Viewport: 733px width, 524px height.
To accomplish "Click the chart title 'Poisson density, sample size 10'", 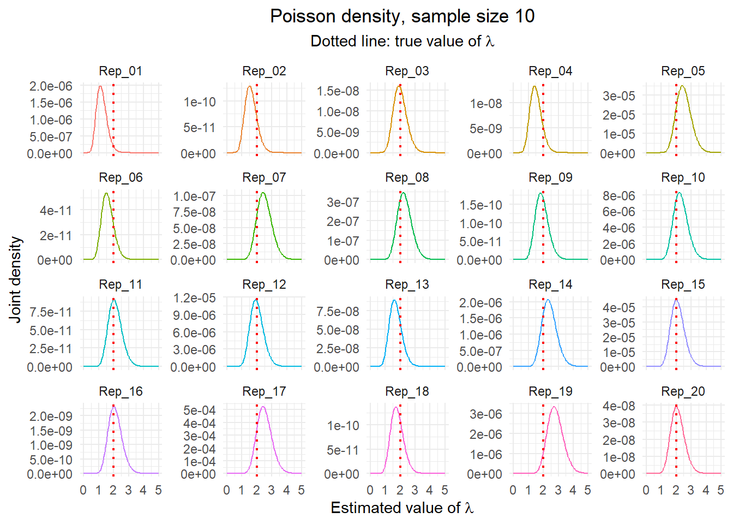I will coord(402,16).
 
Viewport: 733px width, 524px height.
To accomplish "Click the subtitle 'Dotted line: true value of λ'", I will coord(402,41).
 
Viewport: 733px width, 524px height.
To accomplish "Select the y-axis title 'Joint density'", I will coord(15,279).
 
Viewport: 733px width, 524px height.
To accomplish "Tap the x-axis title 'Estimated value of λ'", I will coord(402,508).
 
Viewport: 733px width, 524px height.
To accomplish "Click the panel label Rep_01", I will coord(121,71).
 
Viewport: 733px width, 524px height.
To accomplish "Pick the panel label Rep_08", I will coord(407,177).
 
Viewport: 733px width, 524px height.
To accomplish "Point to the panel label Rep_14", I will coord(550,284).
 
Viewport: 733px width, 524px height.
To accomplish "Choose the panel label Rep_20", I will coord(683,391).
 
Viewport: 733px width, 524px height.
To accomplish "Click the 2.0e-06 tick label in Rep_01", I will coord(51,86).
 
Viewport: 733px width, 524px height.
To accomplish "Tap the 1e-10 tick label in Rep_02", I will coord(200,102).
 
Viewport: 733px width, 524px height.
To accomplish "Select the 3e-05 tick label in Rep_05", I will coord(618,96).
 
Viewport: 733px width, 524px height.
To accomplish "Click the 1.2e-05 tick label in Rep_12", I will coord(194,298).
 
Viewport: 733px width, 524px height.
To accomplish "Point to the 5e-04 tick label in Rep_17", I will coord(199,410).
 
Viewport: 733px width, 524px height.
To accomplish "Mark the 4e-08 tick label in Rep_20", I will coord(618,406).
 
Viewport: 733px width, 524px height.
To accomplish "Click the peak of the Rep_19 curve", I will coord(554,407).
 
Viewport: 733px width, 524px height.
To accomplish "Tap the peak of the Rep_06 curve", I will coord(106,193).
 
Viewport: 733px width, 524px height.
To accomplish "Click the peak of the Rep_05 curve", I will coord(682,86).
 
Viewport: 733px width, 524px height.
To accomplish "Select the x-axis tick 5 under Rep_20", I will coord(720,490).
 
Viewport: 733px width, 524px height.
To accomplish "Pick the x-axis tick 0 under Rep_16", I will coord(83,490).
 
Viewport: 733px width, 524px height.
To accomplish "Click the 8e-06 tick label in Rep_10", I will coord(618,196).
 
